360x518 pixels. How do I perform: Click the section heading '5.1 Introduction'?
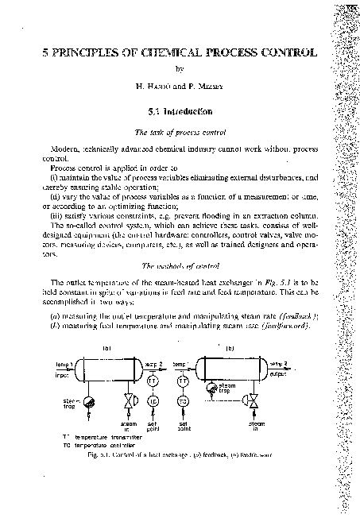(x=179, y=112)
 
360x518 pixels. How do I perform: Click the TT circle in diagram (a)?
(x=152, y=381)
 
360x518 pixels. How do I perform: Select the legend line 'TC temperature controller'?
(x=90, y=445)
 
